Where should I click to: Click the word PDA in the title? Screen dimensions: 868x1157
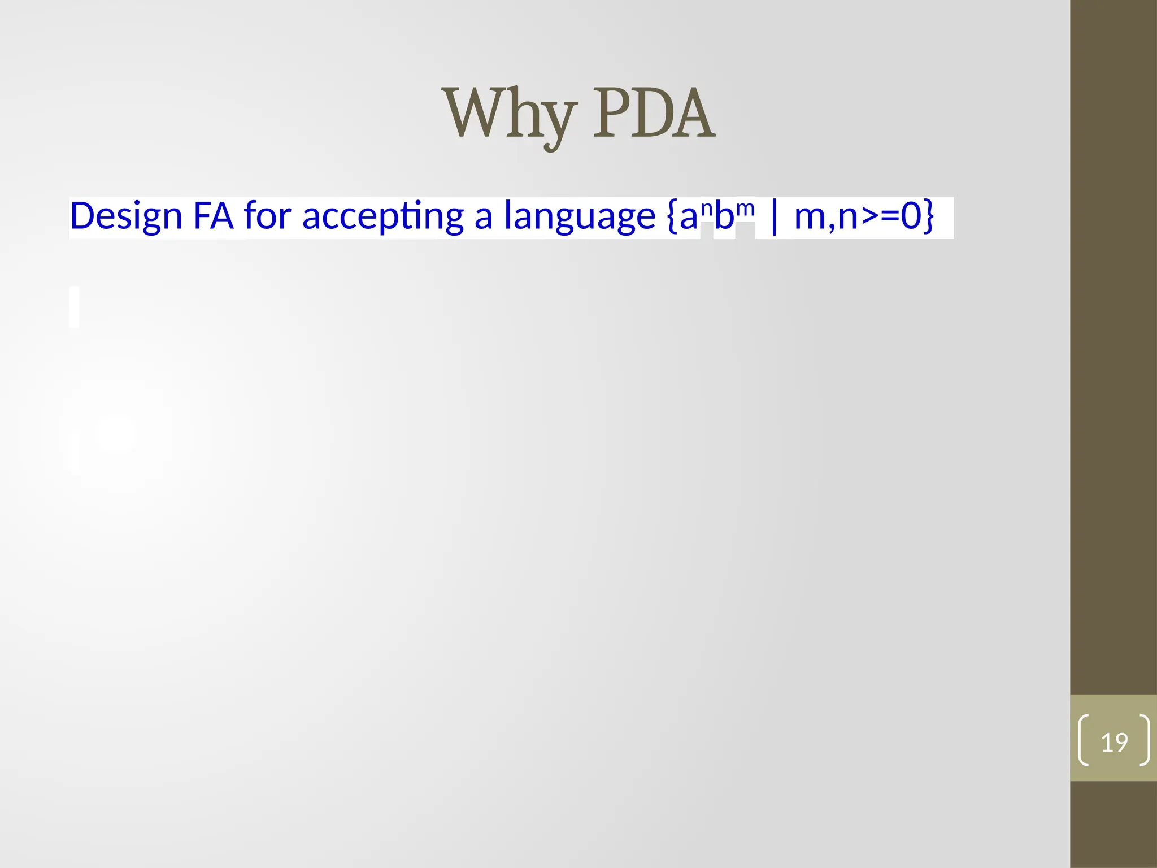click(x=654, y=114)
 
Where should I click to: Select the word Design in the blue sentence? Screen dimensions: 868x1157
click(x=126, y=216)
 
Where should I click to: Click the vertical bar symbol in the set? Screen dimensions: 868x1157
click(x=774, y=216)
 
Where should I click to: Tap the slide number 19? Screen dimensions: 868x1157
click(x=1114, y=742)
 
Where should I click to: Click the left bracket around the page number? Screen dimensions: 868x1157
click(x=1084, y=740)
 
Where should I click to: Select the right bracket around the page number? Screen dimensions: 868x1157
click(x=1145, y=740)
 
